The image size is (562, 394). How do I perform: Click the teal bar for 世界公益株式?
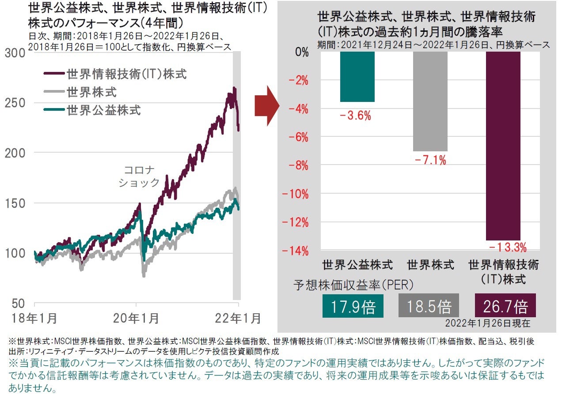coord(357,77)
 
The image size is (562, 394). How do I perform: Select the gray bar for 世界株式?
coord(430,101)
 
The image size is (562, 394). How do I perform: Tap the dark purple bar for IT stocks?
coord(503,146)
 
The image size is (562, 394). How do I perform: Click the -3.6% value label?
coord(355,116)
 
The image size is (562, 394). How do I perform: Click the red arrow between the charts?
coord(267,106)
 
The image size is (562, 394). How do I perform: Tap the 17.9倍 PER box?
coord(353,306)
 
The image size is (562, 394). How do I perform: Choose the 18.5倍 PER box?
coord(428,306)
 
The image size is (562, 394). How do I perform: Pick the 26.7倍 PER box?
coord(504,306)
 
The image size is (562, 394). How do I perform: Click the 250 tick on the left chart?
coord(16,103)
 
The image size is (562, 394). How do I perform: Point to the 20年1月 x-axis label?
coord(136,318)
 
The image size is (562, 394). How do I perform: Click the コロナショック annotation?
coord(139,176)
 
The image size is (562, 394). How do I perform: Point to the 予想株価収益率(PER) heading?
coord(353,285)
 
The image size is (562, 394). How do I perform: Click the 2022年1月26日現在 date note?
coord(487,323)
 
